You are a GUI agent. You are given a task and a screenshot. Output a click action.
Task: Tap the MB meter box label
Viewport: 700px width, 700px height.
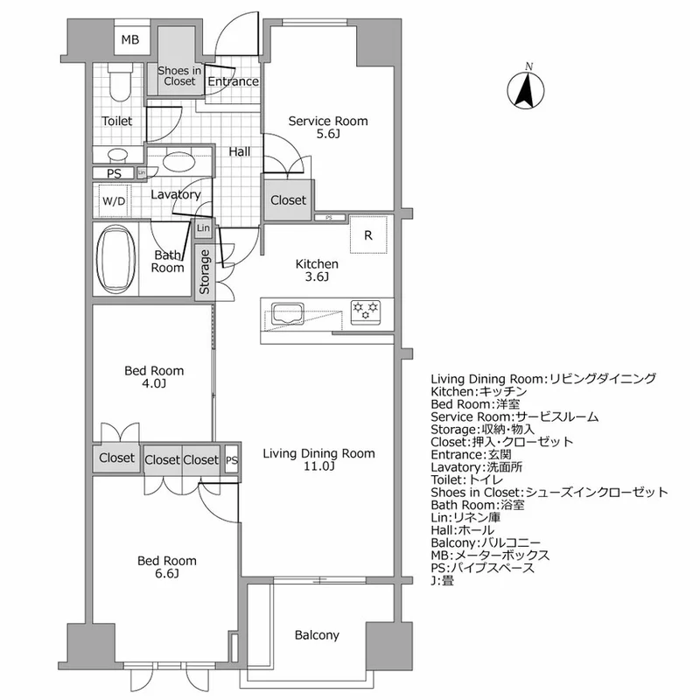pos(129,40)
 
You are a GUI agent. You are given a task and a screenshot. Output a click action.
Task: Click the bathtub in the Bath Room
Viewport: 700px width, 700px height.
pos(115,260)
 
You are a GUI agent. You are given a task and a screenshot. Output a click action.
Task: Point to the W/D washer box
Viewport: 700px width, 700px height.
pos(114,200)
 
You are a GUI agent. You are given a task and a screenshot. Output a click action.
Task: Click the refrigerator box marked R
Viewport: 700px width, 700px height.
pos(369,234)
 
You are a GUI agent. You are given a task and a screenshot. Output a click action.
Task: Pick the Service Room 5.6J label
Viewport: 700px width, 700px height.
pos(328,128)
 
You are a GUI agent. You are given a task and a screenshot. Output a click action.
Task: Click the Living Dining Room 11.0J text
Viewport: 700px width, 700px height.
pos(318,459)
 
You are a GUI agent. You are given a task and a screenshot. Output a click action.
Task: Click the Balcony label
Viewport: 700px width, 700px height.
pos(316,635)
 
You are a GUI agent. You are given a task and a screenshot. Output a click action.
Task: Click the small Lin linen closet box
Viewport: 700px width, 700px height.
pos(203,228)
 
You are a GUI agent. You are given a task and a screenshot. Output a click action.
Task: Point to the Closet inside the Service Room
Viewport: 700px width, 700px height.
pos(288,200)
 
